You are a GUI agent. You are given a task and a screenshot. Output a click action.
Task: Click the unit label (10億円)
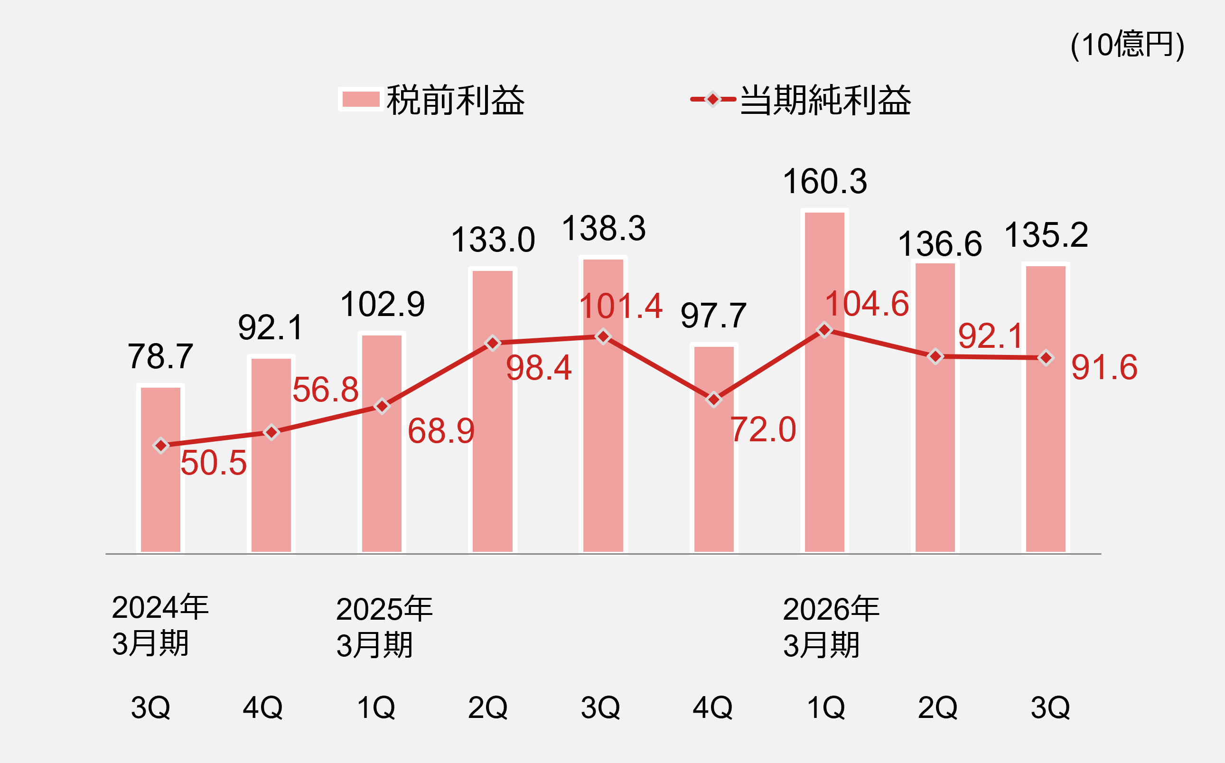1127,46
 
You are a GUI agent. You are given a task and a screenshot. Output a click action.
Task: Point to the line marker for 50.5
160,446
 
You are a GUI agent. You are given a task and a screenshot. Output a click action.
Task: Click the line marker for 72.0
714,400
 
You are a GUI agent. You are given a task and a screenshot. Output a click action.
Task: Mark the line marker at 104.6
824,330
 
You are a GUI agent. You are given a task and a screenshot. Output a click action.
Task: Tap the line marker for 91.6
1046,358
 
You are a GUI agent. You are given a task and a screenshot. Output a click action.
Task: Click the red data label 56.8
326,390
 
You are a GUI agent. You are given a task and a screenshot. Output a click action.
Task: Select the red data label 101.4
620,307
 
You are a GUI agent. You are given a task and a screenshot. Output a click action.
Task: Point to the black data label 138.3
604,228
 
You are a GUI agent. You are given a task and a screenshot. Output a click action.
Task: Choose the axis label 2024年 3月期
160,625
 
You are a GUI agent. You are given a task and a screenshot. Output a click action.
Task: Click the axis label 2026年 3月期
831,627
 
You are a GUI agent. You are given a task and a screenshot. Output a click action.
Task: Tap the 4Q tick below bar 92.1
262,707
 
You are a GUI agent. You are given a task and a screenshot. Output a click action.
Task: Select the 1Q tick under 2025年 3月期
376,707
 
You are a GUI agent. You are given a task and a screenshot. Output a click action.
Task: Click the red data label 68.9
440,431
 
